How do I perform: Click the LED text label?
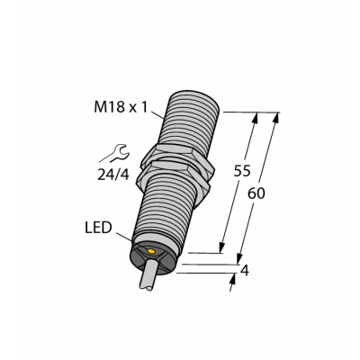(x=98, y=229)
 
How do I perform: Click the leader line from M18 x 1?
(x=160, y=113)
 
